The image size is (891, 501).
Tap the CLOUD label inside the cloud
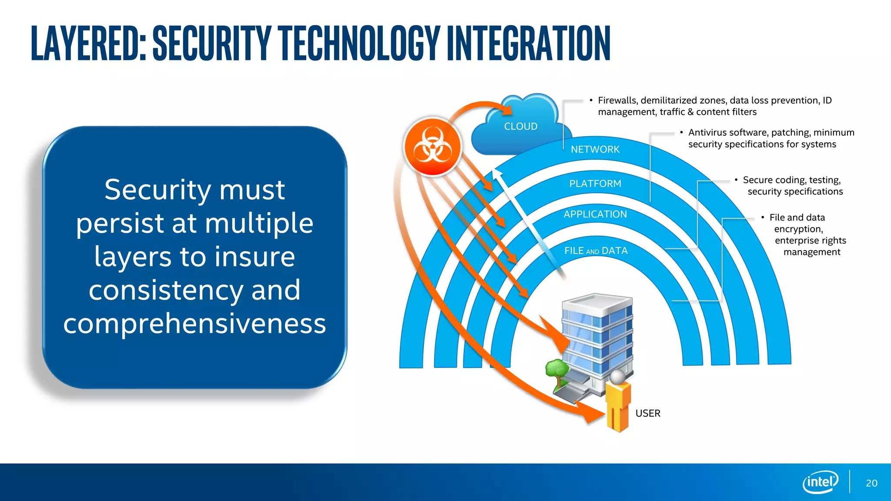[521, 126]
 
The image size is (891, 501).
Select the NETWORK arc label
[595, 150]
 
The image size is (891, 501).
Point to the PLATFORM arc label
[595, 184]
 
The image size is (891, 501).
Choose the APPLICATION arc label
[595, 214]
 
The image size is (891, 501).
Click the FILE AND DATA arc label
[596, 250]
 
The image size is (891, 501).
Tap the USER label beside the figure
[648, 413]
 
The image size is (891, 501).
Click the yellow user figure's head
[617, 376]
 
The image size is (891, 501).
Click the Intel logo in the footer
[821, 482]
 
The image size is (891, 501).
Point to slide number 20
[871, 483]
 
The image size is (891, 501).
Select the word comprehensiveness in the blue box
[194, 324]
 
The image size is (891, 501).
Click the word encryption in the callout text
[798, 229]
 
